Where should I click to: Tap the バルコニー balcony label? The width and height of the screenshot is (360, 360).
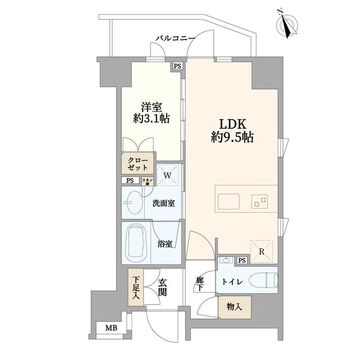click(175, 38)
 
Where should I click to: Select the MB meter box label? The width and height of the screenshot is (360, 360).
click(111, 328)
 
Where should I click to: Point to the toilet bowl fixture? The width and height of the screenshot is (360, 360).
click(264, 280)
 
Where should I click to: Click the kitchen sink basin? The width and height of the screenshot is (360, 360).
click(228, 201)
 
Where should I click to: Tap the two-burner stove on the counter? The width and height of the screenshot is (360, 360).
click(260, 201)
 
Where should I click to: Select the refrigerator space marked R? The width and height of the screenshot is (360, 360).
click(262, 251)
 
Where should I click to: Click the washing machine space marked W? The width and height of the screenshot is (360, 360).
click(168, 175)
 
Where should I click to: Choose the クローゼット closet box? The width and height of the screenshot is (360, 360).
click(137, 164)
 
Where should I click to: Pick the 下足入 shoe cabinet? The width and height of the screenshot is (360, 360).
click(136, 287)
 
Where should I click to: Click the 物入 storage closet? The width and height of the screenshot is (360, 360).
click(235, 307)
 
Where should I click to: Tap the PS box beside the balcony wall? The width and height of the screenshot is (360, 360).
click(177, 66)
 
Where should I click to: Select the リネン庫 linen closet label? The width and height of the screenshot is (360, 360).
click(147, 181)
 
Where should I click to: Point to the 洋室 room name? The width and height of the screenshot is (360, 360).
click(151, 107)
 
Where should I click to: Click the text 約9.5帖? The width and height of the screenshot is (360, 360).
click(232, 138)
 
